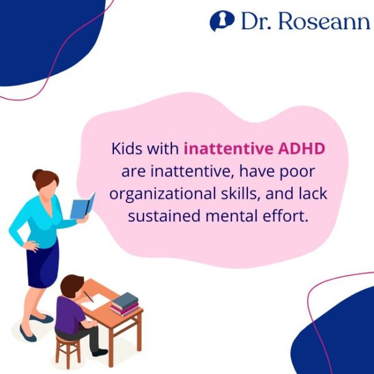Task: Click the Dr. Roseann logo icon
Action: (x=219, y=21)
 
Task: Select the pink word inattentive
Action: (x=221, y=150)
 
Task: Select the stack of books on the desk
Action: (x=124, y=304)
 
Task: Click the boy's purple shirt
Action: (x=68, y=315)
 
